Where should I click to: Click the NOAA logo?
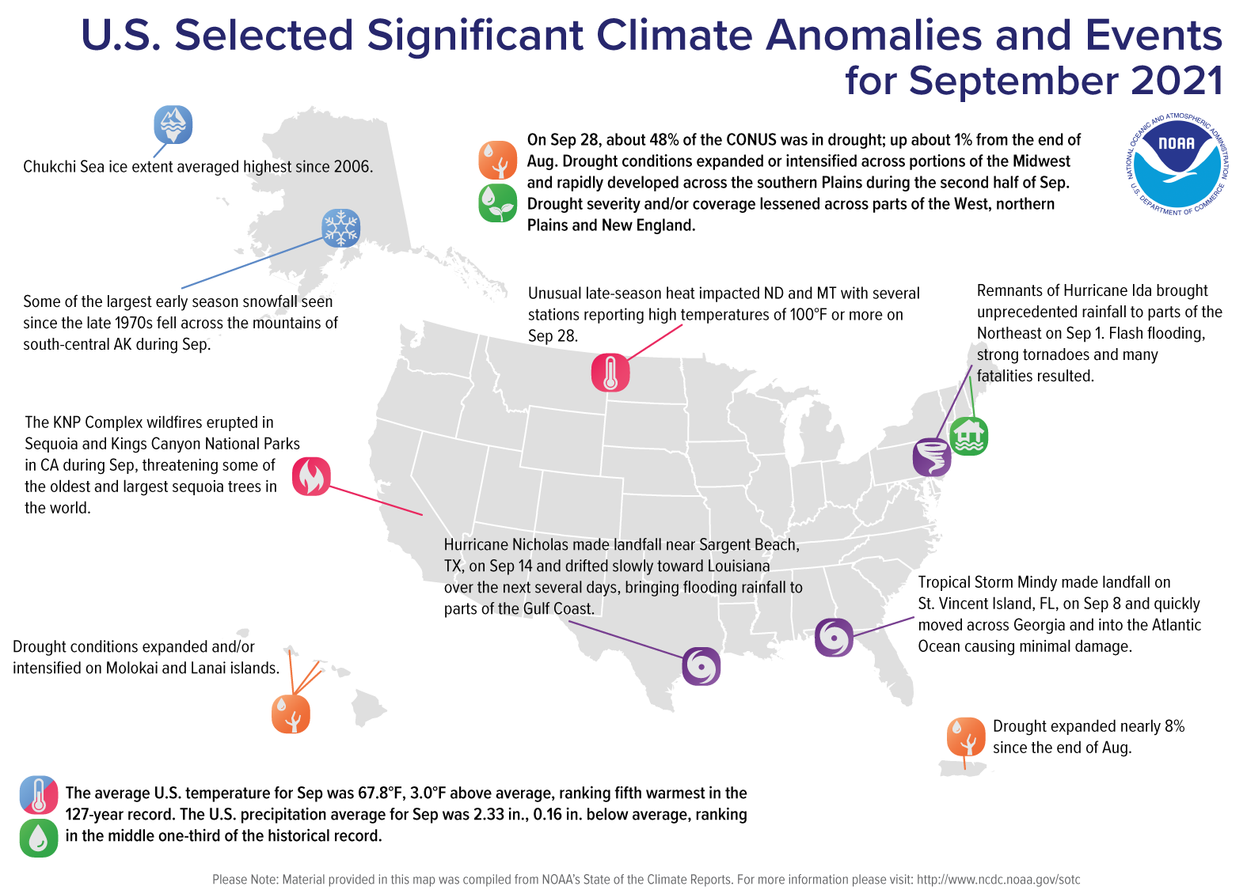click(x=1177, y=165)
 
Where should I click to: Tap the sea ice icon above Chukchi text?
click(x=173, y=124)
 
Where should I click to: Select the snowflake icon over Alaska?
click(x=341, y=228)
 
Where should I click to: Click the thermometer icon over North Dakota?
click(x=610, y=373)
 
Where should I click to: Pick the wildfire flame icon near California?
click(x=311, y=476)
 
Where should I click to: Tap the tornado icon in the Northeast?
click(x=932, y=456)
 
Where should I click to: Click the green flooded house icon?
click(x=969, y=436)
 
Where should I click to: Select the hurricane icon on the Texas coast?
click(x=701, y=665)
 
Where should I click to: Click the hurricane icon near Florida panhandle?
click(x=835, y=637)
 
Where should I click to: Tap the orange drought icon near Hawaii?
click(x=291, y=714)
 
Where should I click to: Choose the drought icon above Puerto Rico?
click(x=965, y=737)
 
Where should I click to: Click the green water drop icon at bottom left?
click(x=39, y=838)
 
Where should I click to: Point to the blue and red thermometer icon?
click(x=39, y=795)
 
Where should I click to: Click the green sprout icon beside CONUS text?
click(x=498, y=203)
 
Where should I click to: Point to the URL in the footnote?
click(x=998, y=880)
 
